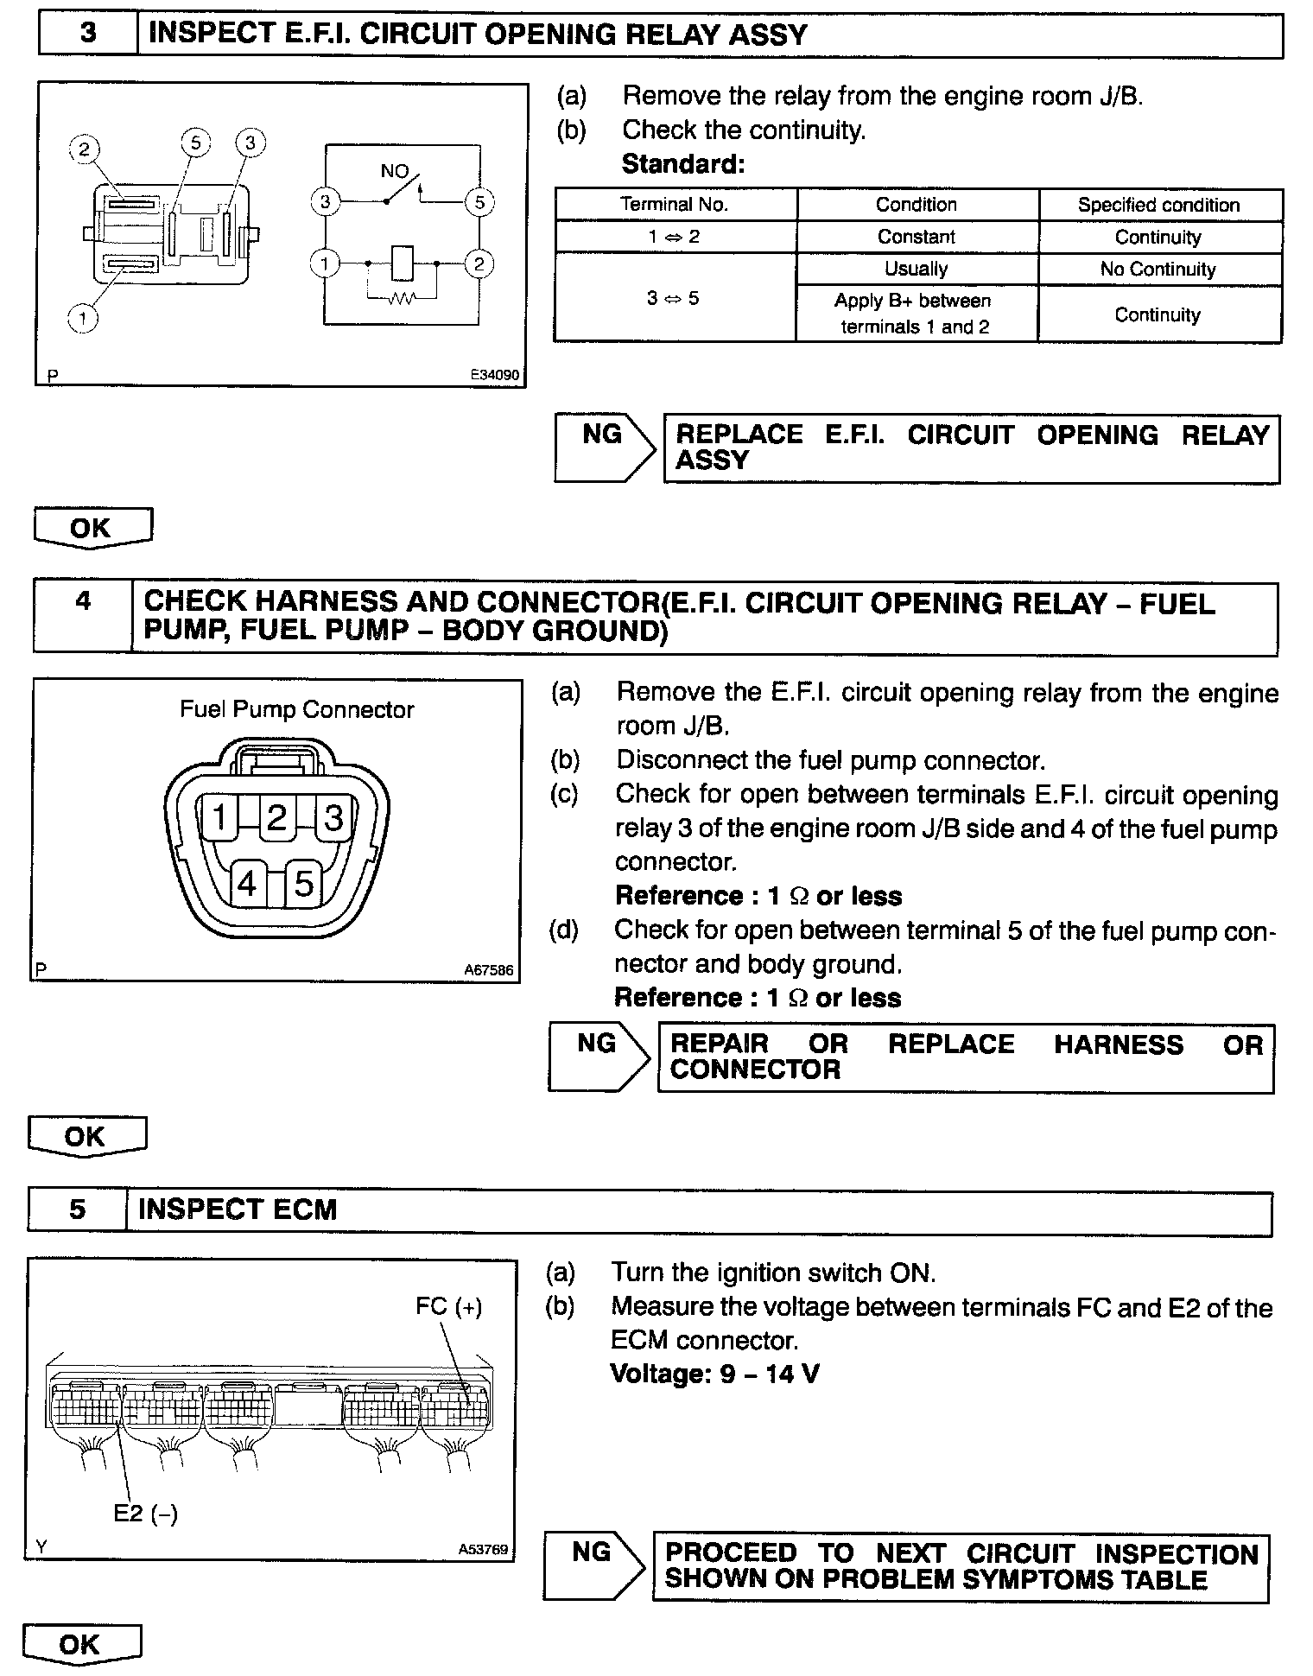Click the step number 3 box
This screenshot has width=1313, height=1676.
88,34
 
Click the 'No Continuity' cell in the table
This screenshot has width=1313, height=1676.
1158,269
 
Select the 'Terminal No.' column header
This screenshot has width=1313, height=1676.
674,205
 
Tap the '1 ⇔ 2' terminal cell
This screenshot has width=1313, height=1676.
674,237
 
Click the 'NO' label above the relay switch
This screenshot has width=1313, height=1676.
394,171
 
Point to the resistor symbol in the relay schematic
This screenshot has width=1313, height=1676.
402,299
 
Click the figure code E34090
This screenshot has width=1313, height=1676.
494,376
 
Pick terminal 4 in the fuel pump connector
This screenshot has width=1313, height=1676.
247,884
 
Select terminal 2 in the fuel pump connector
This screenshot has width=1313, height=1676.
276,817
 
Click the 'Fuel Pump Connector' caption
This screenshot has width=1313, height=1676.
296,710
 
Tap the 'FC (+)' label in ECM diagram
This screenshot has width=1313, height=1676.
448,1307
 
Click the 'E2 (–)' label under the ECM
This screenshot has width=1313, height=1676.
145,1514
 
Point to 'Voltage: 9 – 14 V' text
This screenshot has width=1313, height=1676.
714,1374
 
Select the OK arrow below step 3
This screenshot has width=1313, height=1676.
92,527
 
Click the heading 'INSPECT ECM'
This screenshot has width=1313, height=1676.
238,1209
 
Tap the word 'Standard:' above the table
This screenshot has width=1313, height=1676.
682,164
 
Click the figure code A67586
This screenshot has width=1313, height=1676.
488,971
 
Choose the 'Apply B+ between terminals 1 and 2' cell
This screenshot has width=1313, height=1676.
916,314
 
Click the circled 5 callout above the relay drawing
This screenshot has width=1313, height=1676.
196,143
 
